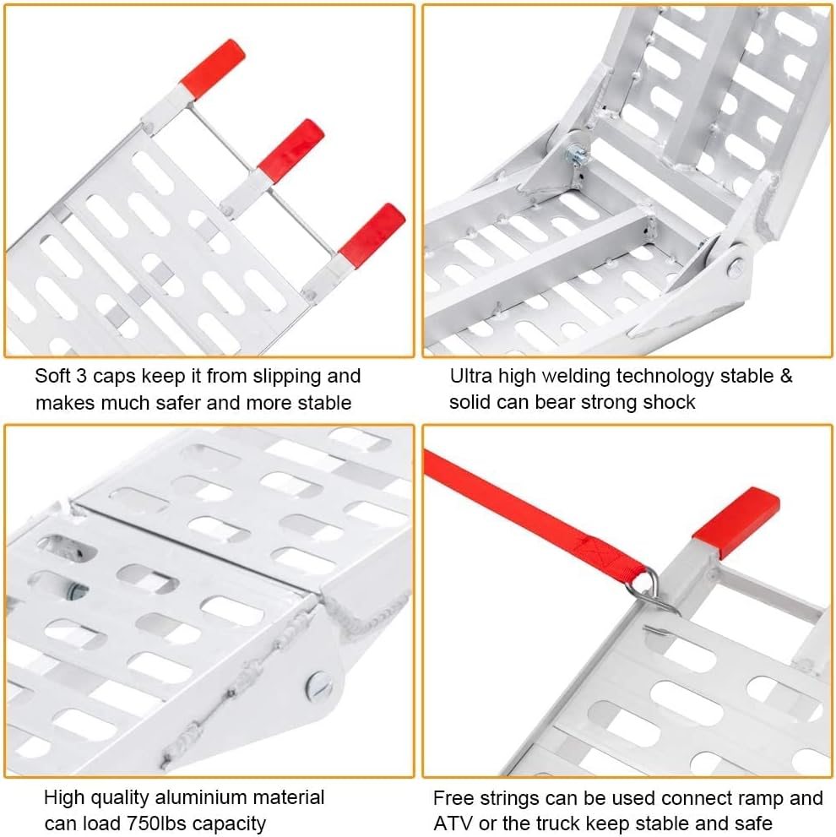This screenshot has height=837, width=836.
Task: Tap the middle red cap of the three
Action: pos(291,150)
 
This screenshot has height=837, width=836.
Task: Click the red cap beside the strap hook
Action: pos(736,521)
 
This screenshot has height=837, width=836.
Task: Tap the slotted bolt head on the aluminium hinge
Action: pos(319,686)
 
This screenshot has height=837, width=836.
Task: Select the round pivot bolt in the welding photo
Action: pos(736,267)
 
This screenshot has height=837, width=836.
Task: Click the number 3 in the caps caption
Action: pos(81,377)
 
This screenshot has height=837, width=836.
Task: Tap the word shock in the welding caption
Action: pos(670,403)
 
